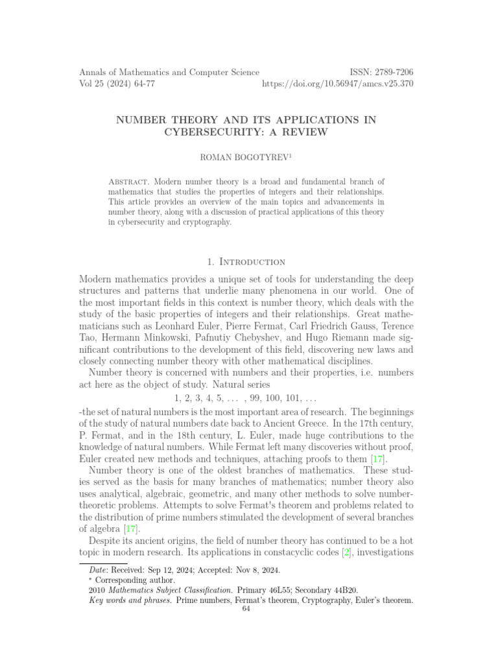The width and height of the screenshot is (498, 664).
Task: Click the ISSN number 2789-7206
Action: pos(390,73)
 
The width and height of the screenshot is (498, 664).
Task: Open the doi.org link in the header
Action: pos(337,84)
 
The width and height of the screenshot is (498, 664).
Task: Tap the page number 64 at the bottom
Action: pos(245,609)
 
